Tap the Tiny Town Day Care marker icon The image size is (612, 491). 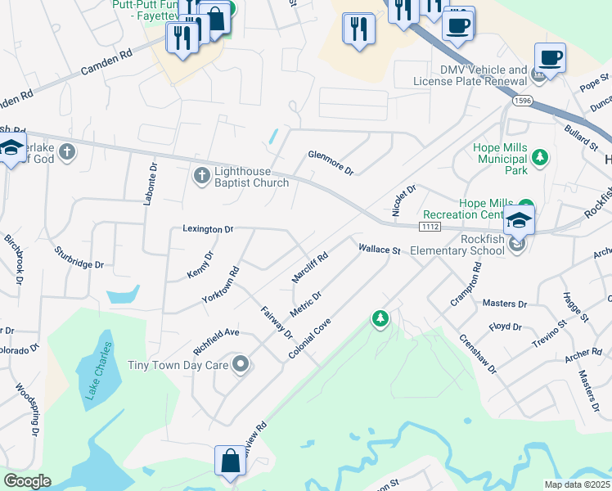240,364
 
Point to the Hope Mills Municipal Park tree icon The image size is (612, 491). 539,156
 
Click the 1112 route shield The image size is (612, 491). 430,225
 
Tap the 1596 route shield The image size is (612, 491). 524,101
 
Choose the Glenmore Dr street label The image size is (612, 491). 330,161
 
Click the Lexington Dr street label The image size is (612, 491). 208,229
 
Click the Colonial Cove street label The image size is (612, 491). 308,338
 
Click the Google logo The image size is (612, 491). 27,481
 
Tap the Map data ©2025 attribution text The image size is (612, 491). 577,484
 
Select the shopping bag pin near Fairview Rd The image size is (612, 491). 230,460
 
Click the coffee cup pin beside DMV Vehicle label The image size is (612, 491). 550,58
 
